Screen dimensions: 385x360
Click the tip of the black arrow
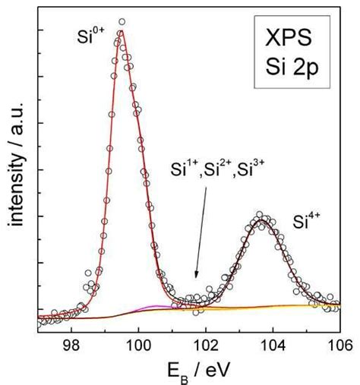195,279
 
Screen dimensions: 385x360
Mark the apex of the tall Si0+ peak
120,31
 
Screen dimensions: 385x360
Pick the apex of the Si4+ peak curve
262,219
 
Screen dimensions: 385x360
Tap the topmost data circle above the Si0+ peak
122,22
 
